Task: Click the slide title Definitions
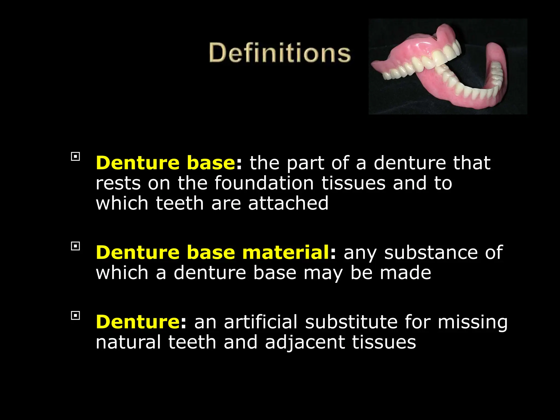click(279, 53)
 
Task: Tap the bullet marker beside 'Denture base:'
click(75, 157)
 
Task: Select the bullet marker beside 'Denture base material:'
click(75, 246)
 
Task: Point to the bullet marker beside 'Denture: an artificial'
click(75, 316)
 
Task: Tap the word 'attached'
click(288, 203)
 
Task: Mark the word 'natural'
click(128, 342)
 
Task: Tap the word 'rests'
click(118, 183)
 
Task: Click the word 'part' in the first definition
click(305, 164)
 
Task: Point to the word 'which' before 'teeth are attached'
click(122, 203)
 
